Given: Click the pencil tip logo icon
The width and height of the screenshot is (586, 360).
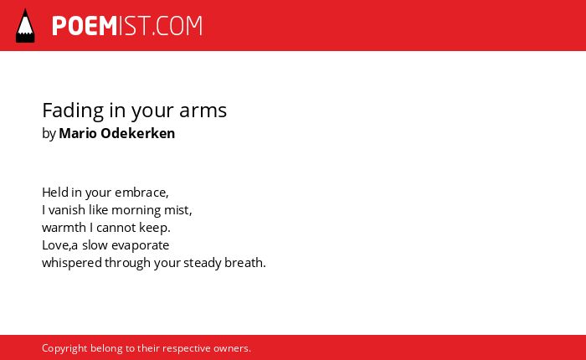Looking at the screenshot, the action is [x=25, y=26].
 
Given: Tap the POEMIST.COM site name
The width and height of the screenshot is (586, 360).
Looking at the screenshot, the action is [x=127, y=26].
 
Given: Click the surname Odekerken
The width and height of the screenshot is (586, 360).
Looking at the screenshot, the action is [x=138, y=133].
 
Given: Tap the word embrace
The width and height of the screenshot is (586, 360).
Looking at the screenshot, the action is [x=141, y=193].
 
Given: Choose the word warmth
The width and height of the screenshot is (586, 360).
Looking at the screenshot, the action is [x=64, y=228].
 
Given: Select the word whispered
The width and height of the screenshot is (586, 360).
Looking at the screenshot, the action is [x=72, y=263].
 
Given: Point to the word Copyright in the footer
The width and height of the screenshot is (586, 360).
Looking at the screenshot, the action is [x=64, y=348].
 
